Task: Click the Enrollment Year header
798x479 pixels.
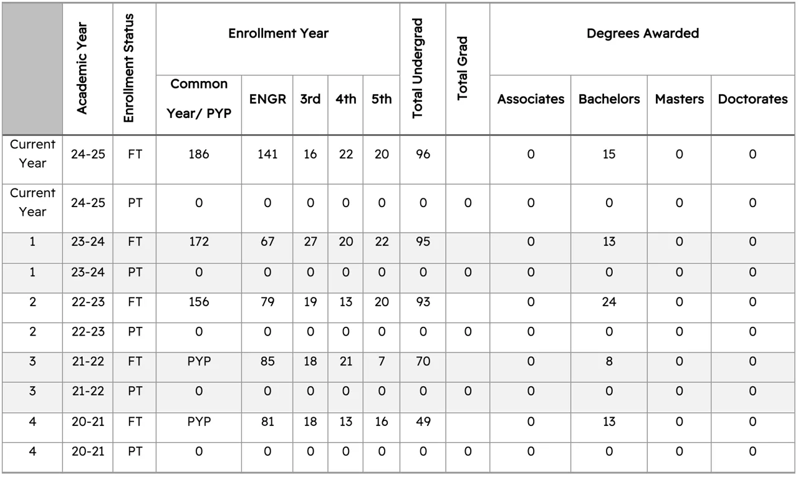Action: (278, 34)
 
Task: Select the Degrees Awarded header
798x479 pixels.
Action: (643, 34)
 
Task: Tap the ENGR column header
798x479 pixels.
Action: (267, 99)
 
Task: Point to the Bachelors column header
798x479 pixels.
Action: (609, 99)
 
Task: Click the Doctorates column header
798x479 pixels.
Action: (752, 99)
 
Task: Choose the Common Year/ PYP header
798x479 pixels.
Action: (199, 99)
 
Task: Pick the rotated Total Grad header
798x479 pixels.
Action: (462, 69)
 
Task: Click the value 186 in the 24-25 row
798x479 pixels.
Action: (199, 154)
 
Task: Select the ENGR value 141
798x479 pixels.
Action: (267, 154)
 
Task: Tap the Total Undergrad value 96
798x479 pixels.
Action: (423, 154)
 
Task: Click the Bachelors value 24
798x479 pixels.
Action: (609, 302)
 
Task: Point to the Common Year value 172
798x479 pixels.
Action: (199, 242)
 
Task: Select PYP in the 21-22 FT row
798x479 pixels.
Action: (199, 361)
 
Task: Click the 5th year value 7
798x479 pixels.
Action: (382, 361)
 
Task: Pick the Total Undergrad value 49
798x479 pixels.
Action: (423, 422)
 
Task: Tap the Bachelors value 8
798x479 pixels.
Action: (609, 361)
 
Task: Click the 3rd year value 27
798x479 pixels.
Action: (310, 242)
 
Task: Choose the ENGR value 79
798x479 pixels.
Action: (267, 302)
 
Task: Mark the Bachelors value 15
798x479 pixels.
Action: (609, 154)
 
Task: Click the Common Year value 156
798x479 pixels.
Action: (199, 302)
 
